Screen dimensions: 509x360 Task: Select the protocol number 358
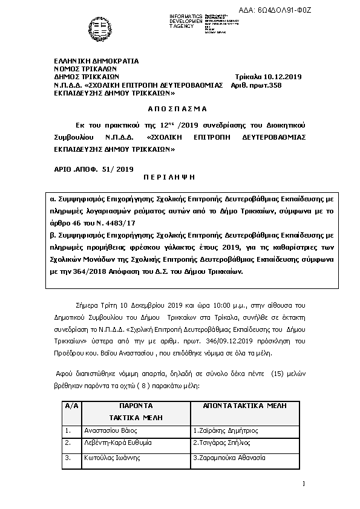[276, 85]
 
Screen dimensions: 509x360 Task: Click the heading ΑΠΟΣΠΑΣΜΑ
[177, 109]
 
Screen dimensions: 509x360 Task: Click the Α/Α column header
[71, 406]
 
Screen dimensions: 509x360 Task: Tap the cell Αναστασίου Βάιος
[111, 430]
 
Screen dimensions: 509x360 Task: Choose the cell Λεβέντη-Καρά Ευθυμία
[117, 443]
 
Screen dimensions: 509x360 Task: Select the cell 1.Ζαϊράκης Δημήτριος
[225, 430]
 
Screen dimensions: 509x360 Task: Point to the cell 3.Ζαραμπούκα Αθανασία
[229, 458]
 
